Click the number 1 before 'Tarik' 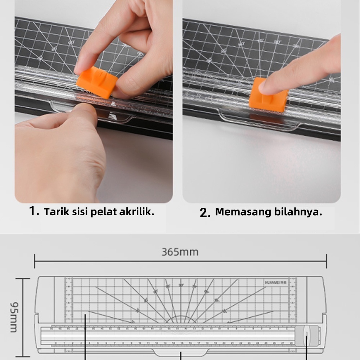34,211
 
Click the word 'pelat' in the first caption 102,212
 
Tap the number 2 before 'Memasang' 205,213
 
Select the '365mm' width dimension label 180,252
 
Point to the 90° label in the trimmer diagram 181,285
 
